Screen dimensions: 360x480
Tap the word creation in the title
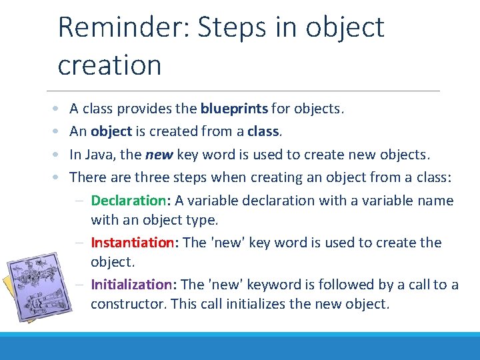109,65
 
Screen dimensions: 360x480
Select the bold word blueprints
234,109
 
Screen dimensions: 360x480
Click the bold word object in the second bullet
111,131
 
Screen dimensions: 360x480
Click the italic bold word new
159,155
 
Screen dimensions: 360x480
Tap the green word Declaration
128,201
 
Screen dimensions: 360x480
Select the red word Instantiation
132,243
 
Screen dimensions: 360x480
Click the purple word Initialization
131,285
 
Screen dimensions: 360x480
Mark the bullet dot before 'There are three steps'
57,178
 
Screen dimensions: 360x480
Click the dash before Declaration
79,201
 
